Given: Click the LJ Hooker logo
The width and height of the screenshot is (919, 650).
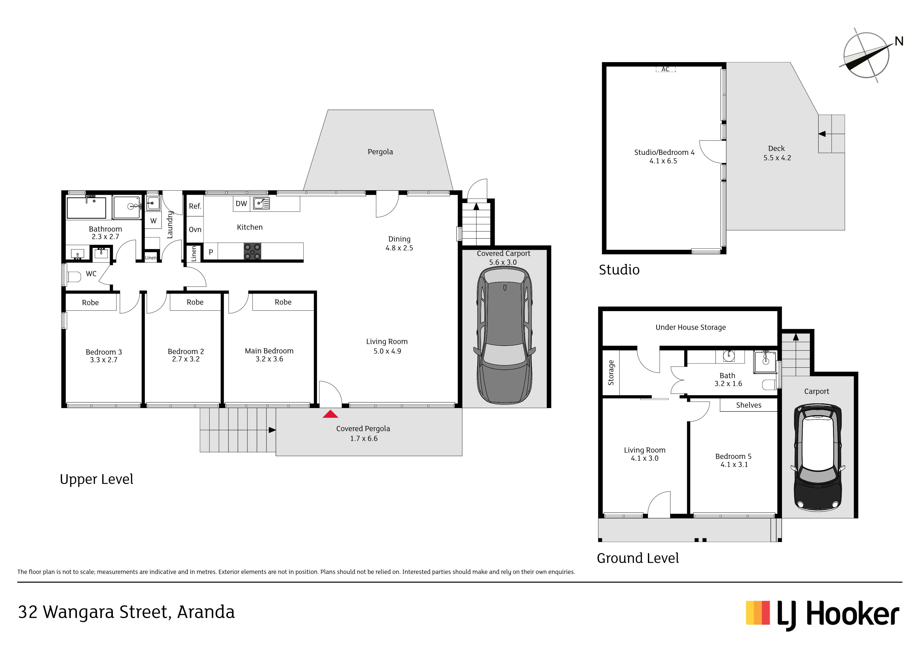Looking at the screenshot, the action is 822,615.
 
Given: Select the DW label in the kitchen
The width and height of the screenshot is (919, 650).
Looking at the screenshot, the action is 241,203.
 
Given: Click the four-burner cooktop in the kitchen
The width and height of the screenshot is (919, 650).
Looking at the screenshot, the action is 252,251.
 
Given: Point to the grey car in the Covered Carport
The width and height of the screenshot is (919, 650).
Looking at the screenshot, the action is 504,335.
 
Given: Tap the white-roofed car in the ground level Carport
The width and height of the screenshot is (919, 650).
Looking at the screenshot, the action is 818,457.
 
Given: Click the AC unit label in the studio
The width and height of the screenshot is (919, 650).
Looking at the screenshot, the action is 665,69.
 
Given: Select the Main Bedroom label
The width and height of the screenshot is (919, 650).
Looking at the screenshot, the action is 269,351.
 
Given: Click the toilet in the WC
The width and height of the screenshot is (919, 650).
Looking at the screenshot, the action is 74,276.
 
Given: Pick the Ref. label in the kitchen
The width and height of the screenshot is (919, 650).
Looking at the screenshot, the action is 195,206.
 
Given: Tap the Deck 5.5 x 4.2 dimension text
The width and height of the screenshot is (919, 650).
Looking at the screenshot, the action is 777,158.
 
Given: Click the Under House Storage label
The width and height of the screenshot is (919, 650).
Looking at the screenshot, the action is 691,327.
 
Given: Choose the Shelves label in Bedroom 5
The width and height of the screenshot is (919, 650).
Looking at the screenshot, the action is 748,405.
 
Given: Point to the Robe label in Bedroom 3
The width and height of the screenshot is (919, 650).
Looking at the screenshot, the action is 90,302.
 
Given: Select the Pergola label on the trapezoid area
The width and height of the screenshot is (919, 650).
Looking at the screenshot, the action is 380,152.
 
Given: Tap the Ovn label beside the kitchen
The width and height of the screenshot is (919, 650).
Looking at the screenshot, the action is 195,230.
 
